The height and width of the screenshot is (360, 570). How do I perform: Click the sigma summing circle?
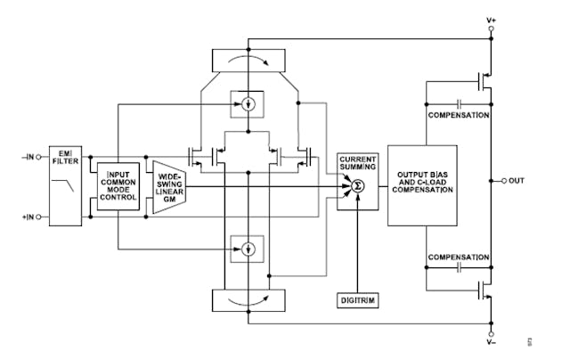(356, 186)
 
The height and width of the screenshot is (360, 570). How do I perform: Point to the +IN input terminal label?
(29, 217)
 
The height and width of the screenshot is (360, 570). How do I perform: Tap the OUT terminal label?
(519, 181)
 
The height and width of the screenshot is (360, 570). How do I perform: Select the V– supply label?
(491, 342)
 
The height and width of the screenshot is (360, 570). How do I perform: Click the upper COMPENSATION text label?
(458, 115)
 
